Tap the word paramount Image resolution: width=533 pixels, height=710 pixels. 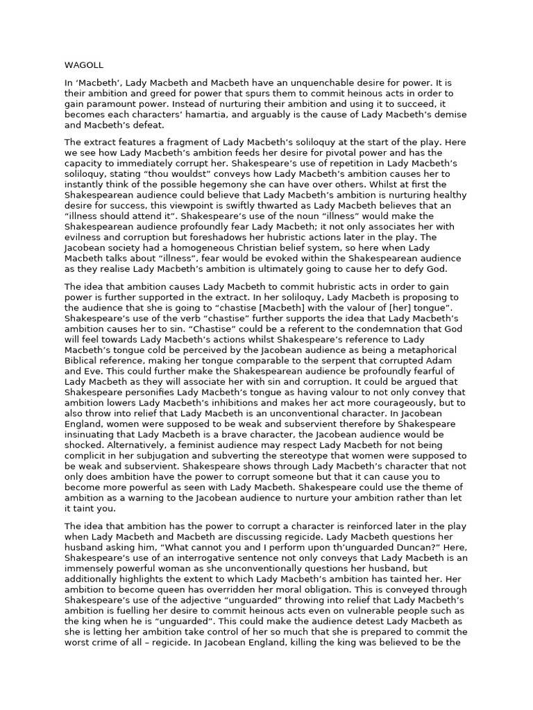coord(106,105)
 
